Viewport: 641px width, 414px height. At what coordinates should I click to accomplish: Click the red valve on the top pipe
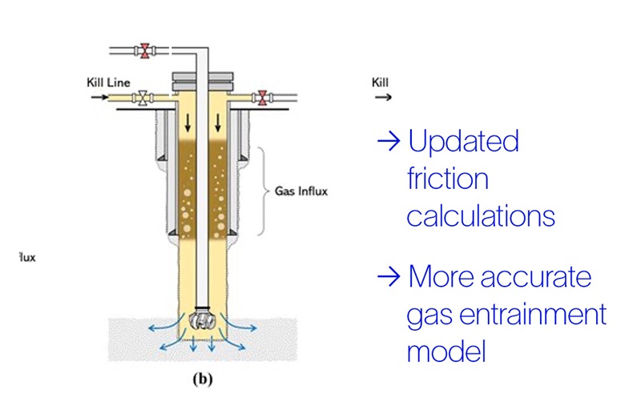[145, 51]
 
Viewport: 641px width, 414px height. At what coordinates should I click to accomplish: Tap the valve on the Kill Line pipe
[143, 98]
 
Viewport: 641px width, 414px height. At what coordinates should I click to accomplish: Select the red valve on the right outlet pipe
[260, 98]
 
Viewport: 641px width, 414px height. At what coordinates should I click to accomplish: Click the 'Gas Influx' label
[302, 192]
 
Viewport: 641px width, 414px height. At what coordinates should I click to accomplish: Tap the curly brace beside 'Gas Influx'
[265, 192]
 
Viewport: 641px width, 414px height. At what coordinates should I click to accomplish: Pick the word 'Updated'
[463, 142]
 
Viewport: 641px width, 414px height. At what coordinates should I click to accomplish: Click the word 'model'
[446, 351]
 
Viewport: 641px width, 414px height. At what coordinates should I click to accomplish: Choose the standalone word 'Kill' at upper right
[380, 82]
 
